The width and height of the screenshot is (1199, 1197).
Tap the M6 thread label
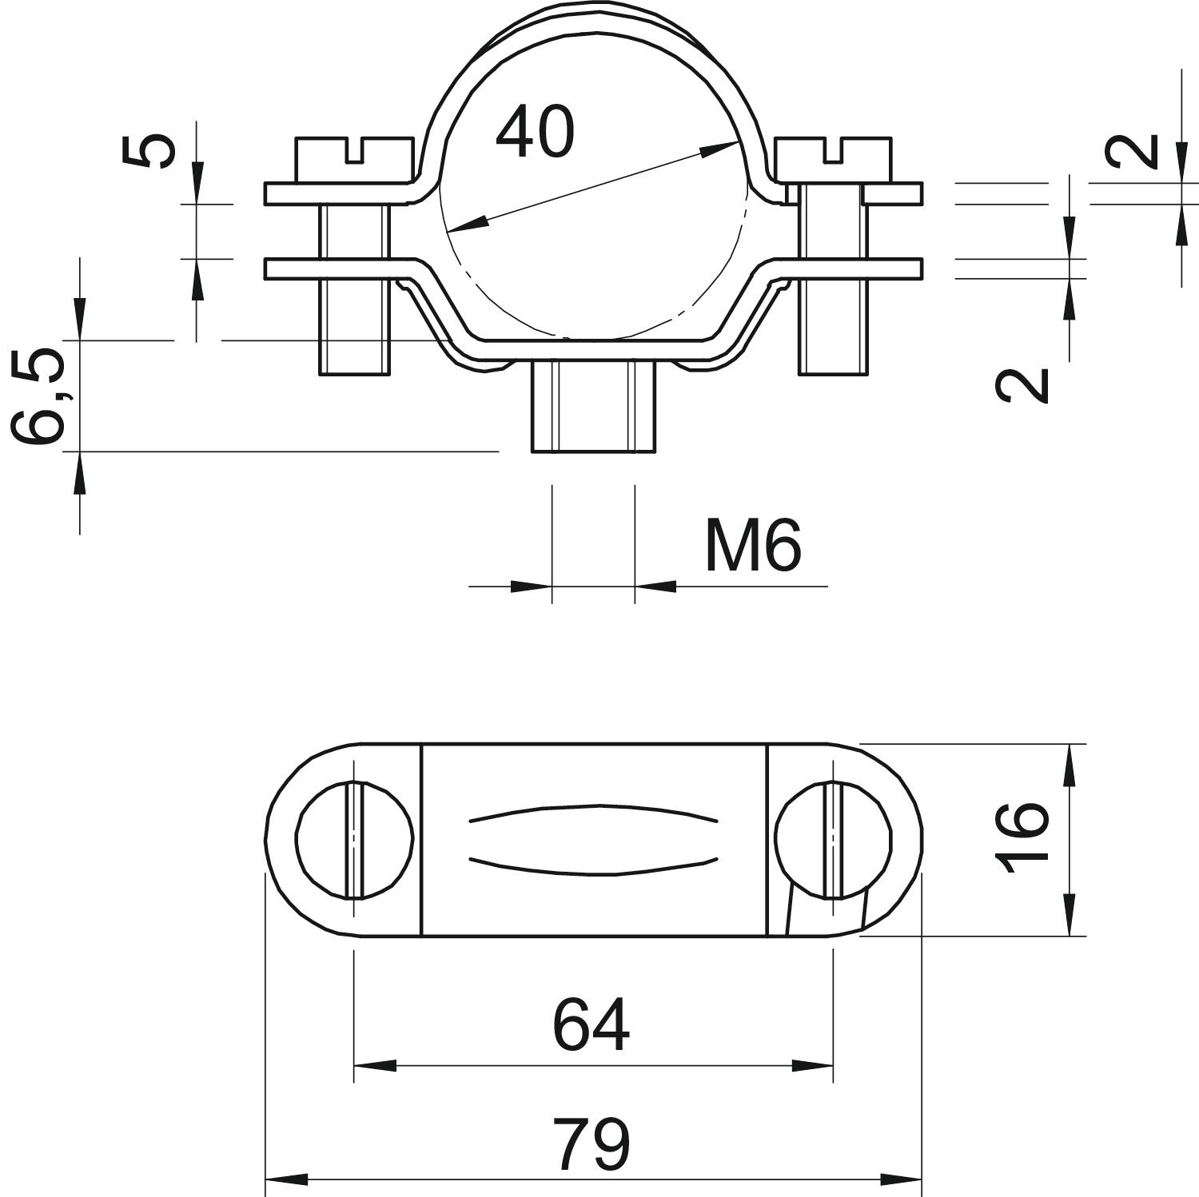(x=752, y=547)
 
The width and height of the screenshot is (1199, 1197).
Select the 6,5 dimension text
(x=38, y=395)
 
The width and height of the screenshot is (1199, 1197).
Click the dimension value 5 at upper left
(x=149, y=152)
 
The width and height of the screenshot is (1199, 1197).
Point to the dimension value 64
(x=591, y=1025)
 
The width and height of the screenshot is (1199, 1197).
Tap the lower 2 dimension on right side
(x=1022, y=385)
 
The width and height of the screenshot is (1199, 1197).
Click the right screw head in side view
(x=832, y=159)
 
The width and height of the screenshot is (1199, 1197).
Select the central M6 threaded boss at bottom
(x=592, y=406)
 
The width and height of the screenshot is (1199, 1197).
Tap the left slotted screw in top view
(x=355, y=839)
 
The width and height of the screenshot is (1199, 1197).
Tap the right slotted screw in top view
(x=833, y=839)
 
